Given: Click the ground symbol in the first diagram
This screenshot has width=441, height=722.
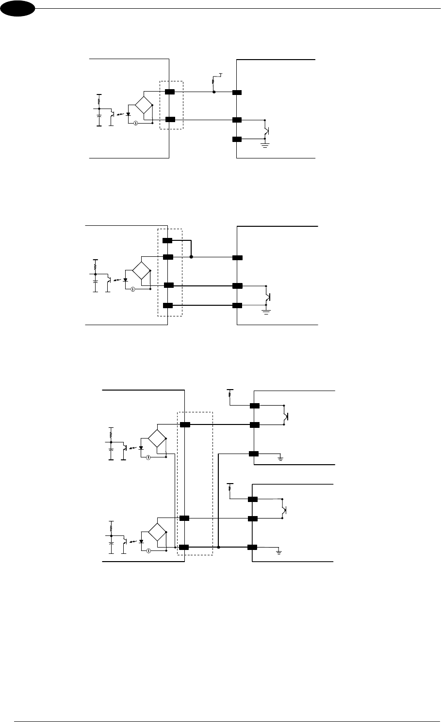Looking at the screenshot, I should pos(265,144).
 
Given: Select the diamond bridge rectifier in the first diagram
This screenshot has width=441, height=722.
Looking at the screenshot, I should pos(144,105).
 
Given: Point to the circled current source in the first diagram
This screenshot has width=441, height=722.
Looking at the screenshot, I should pos(136,123).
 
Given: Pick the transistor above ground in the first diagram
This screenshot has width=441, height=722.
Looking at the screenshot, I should pos(266,129).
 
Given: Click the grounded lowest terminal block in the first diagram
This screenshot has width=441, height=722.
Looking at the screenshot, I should pos(237,140).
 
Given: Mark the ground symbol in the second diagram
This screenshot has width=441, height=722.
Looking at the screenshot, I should pos(266,311).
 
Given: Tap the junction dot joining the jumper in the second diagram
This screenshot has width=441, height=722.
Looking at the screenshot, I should pos(191,257).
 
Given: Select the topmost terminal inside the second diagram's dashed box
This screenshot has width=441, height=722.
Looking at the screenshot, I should pos(167,240).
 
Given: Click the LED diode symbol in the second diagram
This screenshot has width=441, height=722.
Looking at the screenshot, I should pos(126,280).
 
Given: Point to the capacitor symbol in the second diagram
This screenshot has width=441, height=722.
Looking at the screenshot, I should pos(95,280).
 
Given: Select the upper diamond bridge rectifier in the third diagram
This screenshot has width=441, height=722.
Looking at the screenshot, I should pos(157,438).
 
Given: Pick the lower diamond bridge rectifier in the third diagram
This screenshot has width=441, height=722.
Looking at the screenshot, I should pos(157,532).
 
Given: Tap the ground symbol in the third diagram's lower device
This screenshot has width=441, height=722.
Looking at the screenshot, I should pos(278,551).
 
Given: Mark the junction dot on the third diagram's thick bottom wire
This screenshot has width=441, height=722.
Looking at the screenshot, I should pos(219,547).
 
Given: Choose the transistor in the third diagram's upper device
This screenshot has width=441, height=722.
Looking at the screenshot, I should pos(286,415).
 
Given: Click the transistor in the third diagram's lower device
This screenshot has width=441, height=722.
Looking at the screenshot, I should pos(285,509).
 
